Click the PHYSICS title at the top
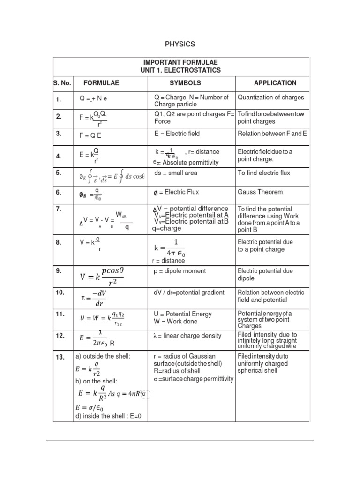tap(180, 45)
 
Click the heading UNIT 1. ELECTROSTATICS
tap(180, 70)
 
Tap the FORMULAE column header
tap(101, 83)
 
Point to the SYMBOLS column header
tap(185, 83)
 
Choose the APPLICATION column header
tap(275, 83)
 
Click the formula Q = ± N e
tap(93, 99)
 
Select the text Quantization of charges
tap(271, 97)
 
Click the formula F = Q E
tap(90, 135)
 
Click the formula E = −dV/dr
tap(94, 298)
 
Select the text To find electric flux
tap(264, 173)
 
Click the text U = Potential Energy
tap(182, 314)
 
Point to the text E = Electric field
tap(177, 134)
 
